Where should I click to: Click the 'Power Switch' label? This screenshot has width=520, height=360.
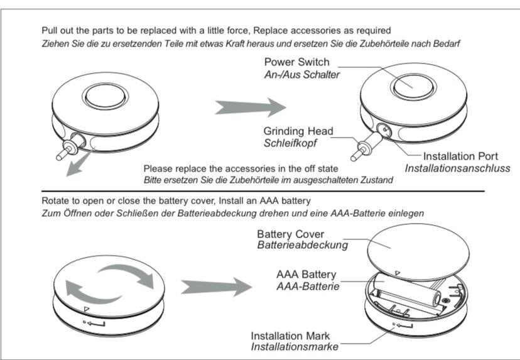(x=296, y=63)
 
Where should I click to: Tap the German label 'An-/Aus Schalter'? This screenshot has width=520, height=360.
(x=302, y=75)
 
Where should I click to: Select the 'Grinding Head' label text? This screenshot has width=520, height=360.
(x=298, y=131)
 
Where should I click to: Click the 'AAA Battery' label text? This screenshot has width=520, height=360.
(x=306, y=275)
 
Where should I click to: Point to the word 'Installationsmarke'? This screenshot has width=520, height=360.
(x=293, y=346)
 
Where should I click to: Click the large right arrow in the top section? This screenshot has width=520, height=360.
(x=250, y=107)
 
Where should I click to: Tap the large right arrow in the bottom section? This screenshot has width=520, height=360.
(x=215, y=287)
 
